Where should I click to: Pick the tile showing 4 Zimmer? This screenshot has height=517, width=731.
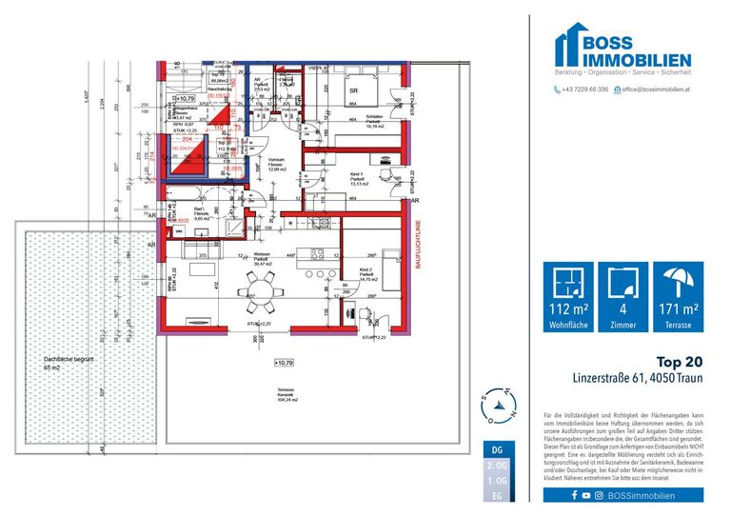tap(622, 296)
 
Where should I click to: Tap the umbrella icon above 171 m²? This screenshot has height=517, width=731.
tap(679, 283)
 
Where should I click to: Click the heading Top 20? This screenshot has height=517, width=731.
tap(681, 362)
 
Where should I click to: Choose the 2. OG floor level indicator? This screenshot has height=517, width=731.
tap(496, 466)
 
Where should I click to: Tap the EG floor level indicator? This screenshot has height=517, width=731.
tap(496, 496)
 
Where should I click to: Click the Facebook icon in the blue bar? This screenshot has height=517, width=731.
tap(575, 495)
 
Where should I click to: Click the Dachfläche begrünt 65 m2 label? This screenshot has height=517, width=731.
tap(60, 362)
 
